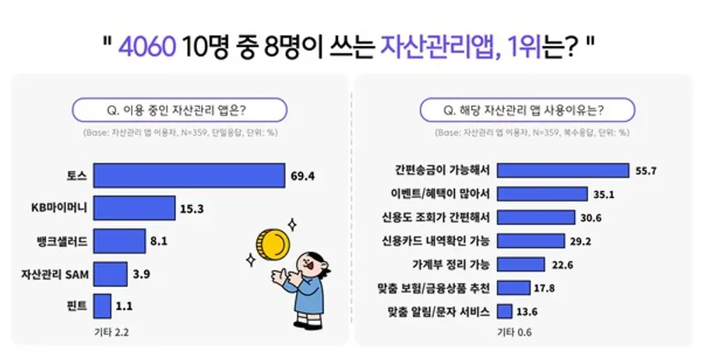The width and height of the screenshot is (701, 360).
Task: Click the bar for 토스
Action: coord(188,177)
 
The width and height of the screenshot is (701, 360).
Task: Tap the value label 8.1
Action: coord(159,241)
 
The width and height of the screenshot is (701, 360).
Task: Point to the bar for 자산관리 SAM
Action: coord(110,274)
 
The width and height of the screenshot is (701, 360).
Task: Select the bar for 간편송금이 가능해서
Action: coord(562,171)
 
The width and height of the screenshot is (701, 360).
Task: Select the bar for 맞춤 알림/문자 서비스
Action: coord(504,312)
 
